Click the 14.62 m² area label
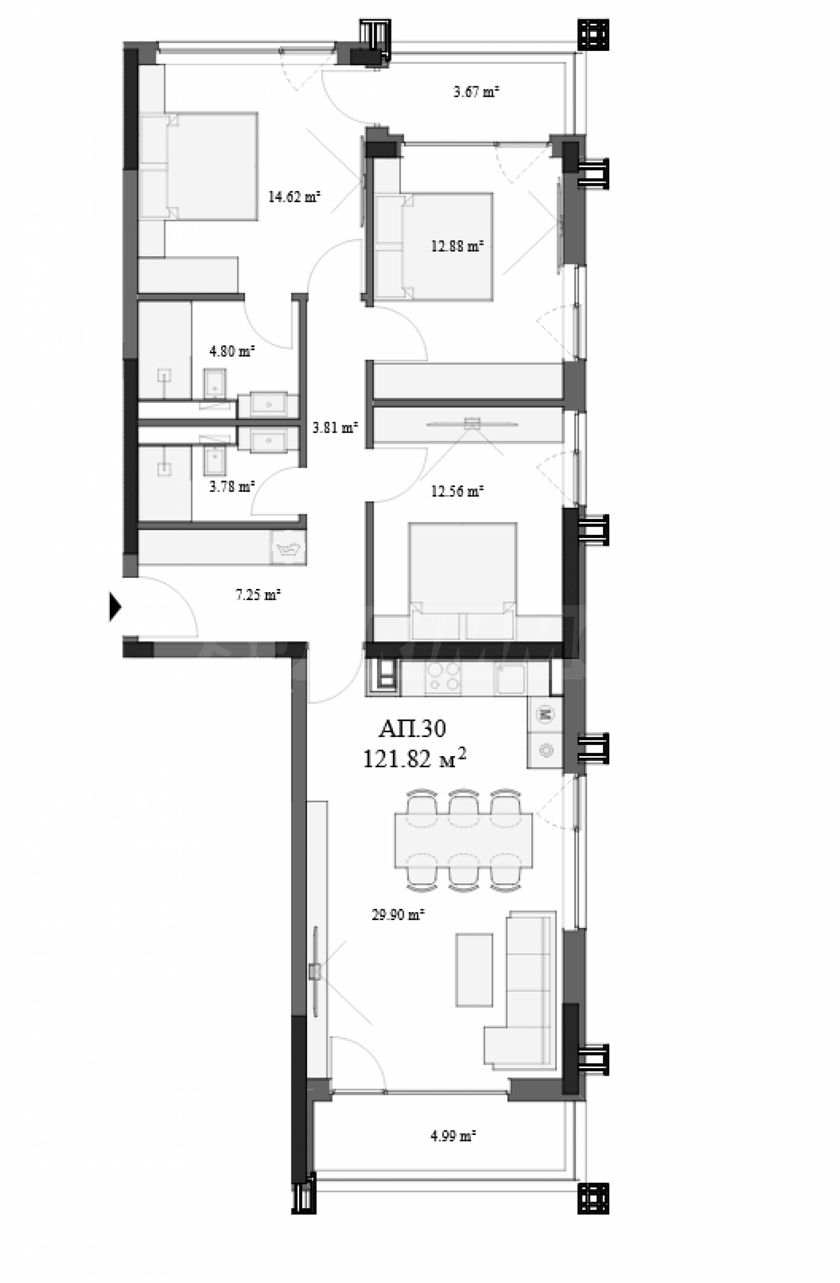[294, 197]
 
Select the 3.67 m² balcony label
[476, 92]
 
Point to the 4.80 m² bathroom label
[232, 351]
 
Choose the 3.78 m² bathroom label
[232, 487]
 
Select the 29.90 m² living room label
[398, 914]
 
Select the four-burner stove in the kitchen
[443, 677]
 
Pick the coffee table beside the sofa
[474, 970]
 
